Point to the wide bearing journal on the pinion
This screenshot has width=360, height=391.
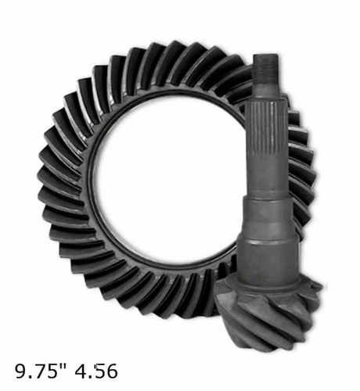click(x=269, y=260)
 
